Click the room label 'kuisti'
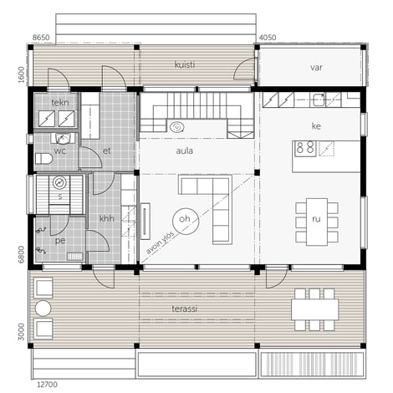point(185,64)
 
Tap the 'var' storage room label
point(317,68)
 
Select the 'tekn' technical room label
point(59,103)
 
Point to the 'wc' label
point(60,151)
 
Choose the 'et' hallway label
point(107,151)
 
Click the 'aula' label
point(185,151)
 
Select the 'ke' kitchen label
point(317,128)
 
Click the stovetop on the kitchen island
point(305,149)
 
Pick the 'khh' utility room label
point(107,218)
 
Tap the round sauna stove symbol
point(59,182)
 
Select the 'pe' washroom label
point(59,239)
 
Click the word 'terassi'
point(186,309)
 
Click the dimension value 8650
point(42,38)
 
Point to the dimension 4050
point(268,38)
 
